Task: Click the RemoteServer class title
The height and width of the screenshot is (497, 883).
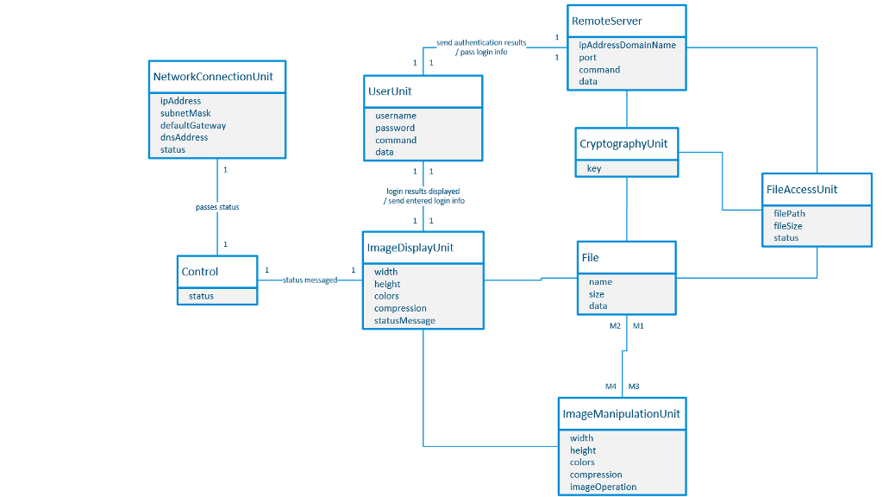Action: pyautogui.click(x=606, y=21)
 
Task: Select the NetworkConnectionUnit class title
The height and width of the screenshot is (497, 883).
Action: pyautogui.click(x=213, y=76)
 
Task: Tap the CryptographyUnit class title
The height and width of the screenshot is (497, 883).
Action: pyautogui.click(x=623, y=143)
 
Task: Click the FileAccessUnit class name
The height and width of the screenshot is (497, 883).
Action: pyautogui.click(x=801, y=189)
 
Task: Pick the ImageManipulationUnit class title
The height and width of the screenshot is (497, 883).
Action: pyautogui.click(x=621, y=413)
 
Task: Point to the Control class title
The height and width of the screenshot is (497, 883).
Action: pyautogui.click(x=200, y=271)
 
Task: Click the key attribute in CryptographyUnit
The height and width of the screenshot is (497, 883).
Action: pyautogui.click(x=594, y=168)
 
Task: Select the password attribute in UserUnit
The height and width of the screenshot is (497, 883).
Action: pyautogui.click(x=395, y=128)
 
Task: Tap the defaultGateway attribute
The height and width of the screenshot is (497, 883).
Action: pyautogui.click(x=193, y=125)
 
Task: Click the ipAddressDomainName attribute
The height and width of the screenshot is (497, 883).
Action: pyautogui.click(x=627, y=45)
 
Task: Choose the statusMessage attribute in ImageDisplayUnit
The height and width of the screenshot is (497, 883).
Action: pyautogui.click(x=404, y=320)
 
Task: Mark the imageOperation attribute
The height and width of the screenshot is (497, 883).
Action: pyautogui.click(x=603, y=487)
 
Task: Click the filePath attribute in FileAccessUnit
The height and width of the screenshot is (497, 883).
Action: pyautogui.click(x=789, y=213)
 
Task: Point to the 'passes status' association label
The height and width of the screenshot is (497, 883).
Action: pyautogui.click(x=217, y=207)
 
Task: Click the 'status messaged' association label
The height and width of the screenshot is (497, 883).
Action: pyautogui.click(x=310, y=280)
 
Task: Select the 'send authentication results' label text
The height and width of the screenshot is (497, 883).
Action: pyautogui.click(x=481, y=42)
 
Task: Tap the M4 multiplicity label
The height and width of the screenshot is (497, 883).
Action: pyautogui.click(x=611, y=386)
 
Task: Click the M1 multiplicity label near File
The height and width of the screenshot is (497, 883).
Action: pyautogui.click(x=638, y=325)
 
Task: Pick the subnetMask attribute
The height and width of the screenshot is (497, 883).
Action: pyautogui.click(x=185, y=113)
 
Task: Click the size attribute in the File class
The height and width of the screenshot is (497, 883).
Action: pyautogui.click(x=597, y=294)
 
